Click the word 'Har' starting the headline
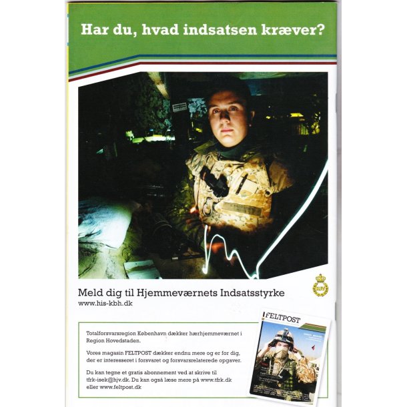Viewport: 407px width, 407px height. (94, 30)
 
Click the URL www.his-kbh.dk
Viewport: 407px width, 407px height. (106, 303)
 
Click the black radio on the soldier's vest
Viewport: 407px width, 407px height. (215, 183)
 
